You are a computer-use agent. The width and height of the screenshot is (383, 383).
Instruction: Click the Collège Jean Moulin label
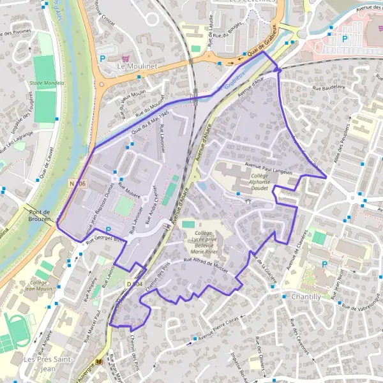coord(39,287)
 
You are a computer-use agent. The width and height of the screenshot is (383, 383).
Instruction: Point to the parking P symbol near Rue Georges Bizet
coord(108,229)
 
